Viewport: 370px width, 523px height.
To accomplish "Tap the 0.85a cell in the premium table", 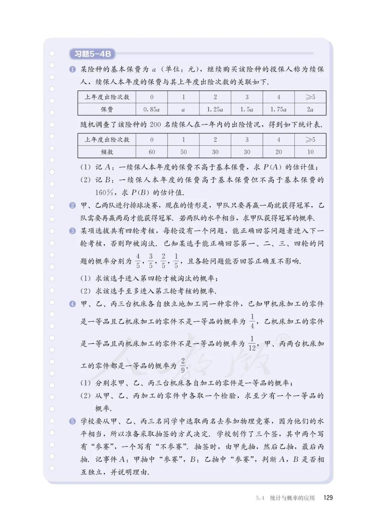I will pyautogui.click(x=151, y=109).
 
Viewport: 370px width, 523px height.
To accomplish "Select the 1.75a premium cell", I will pyautogui.click(x=278, y=109).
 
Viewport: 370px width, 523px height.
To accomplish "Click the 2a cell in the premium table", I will pyautogui.click(x=310, y=109).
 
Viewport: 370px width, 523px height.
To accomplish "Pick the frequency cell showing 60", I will pyautogui.click(x=151, y=152).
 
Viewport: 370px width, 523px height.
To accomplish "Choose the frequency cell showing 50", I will pyautogui.click(x=183, y=152).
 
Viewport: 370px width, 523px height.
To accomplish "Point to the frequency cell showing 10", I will pyautogui.click(x=310, y=152).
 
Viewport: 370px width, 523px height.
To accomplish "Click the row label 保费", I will pyautogui.click(x=107, y=109).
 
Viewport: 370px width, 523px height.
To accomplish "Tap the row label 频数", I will pyautogui.click(x=107, y=152).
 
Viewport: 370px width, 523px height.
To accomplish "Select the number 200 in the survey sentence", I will pyautogui.click(x=155, y=124).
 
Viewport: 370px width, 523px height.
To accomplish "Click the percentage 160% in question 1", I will pyautogui.click(x=104, y=192).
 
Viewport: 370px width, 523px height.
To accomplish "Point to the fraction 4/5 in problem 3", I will pyautogui.click(x=138, y=261).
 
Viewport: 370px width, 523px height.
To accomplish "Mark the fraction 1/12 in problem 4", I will pyautogui.click(x=252, y=343).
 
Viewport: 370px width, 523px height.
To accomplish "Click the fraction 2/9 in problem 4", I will pyautogui.click(x=183, y=365).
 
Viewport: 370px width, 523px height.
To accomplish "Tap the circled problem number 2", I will pyautogui.click(x=72, y=206).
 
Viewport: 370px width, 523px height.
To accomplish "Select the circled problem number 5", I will pyautogui.click(x=72, y=421).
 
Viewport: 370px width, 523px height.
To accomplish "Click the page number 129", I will pyautogui.click(x=328, y=498).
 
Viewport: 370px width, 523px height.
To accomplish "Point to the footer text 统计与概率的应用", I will pyautogui.click(x=292, y=498).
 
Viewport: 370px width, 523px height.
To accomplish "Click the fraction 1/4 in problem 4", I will pyautogui.click(x=252, y=321).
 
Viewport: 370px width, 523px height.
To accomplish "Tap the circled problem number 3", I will pyautogui.click(x=72, y=231).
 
